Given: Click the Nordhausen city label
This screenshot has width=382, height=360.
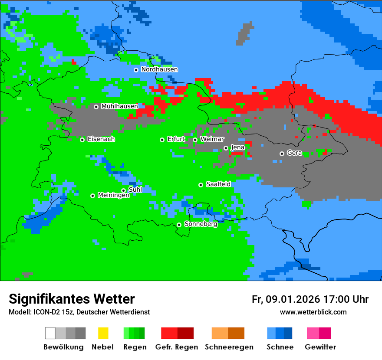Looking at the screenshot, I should point(159,69).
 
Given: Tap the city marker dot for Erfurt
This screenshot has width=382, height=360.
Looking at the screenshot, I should point(162,140).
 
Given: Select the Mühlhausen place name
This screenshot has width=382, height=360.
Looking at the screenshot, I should point(119,106).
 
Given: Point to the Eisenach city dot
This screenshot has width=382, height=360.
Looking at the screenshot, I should point(82,140).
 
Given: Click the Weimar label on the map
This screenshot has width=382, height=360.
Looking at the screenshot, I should point(212,139).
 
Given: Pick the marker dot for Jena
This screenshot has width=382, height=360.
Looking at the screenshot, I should point(226,148).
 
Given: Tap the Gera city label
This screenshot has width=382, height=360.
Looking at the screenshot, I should point(294,153).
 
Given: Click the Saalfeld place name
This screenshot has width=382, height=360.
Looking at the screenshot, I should point(218,184).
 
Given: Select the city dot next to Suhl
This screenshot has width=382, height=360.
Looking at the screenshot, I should point(123,190).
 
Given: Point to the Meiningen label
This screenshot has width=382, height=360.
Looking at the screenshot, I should point(113,196).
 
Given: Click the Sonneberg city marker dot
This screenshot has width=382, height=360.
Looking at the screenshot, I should point(179,225).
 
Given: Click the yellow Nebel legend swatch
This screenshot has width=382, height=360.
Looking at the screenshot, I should point(103,333).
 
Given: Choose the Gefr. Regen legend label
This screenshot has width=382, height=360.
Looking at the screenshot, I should point(177,347).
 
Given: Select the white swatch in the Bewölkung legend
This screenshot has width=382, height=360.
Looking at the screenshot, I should point(50,333).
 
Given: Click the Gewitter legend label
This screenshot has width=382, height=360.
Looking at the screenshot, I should point(320,347).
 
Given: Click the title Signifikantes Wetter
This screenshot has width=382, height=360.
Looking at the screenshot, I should point(72,299).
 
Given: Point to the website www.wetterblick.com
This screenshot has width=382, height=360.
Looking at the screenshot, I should point(313,312).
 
